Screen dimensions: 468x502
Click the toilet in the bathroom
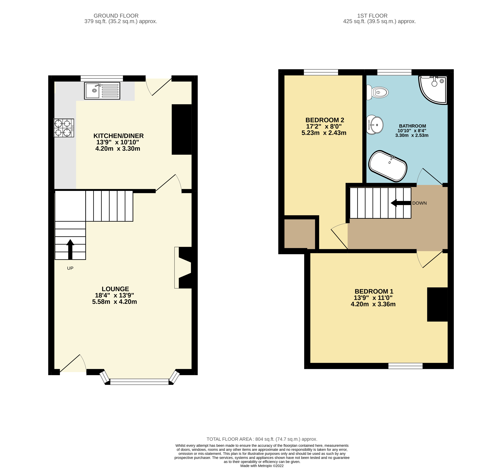pyautogui.click(x=378, y=92)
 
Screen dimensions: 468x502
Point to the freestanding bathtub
pyautogui.click(x=388, y=166)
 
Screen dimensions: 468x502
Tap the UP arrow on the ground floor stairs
pyautogui.click(x=70, y=249)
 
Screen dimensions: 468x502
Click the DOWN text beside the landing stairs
pyautogui.click(x=419, y=203)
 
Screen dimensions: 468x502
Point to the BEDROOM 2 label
pyautogui.click(x=325, y=120)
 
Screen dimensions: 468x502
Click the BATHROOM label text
pyautogui.click(x=412, y=126)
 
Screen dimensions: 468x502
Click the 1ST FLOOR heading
pyautogui.click(x=372, y=16)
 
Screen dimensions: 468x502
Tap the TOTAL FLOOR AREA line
pyautogui.click(x=262, y=439)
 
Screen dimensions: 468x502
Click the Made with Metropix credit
pyautogui.click(x=262, y=466)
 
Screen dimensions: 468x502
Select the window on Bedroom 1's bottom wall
pyautogui.click(x=405, y=366)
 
